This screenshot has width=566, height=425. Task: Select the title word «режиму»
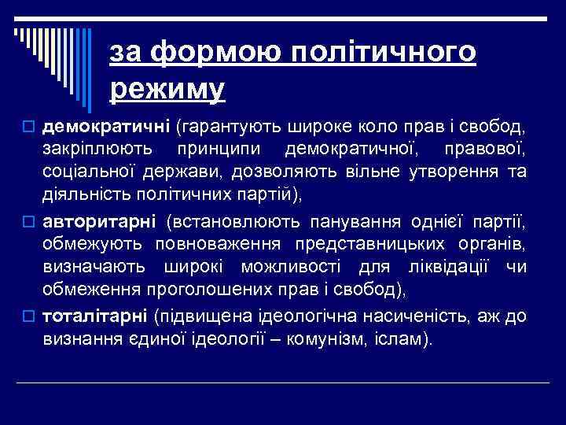click(x=167, y=89)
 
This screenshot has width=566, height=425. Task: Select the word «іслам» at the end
click(x=402, y=341)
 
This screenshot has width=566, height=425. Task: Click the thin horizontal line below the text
click(x=283, y=382)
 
